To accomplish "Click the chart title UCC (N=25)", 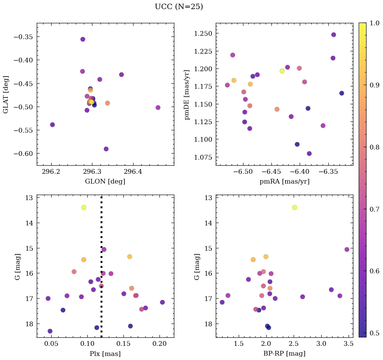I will coord(179,7).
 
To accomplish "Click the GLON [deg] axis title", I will coord(105,182).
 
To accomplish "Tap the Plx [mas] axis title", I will coord(105,354).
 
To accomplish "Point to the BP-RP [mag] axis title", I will coord(284,354).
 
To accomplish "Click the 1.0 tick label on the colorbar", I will coord(374,23).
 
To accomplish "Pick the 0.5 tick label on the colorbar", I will coord(374,333).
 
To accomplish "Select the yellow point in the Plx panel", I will coord(84,207).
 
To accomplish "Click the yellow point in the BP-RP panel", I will coord(295,207).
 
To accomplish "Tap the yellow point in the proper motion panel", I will coord(282,71).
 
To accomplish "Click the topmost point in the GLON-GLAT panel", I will coord(83,39).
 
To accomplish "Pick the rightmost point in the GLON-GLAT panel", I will coord(158,108).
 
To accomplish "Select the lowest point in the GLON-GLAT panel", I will coord(106,149).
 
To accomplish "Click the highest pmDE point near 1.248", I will coord(333,35).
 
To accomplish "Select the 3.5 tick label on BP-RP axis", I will coord(349,344).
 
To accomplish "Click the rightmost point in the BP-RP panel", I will coord(347,250).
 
